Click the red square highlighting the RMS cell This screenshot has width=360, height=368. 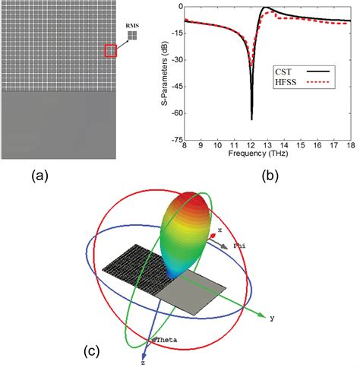(x=111, y=51)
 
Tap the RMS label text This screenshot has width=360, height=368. (x=133, y=25)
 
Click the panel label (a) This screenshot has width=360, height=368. (x=40, y=176)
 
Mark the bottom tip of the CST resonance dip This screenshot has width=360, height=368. (x=251, y=119)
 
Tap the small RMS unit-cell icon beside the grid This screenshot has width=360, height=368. (x=132, y=35)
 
